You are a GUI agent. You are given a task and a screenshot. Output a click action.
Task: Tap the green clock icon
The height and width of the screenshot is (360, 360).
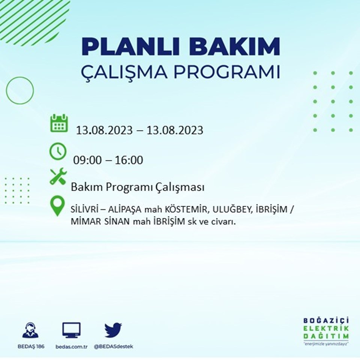(x=58, y=151)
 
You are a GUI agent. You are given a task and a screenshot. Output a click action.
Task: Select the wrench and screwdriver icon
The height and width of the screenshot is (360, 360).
(x=58, y=177)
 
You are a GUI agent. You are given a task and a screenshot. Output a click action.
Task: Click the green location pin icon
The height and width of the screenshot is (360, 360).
(x=57, y=206)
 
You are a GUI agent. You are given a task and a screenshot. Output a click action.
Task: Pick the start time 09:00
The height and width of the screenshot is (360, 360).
(x=87, y=160)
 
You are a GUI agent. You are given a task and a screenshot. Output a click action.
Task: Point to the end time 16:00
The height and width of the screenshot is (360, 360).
(x=129, y=160)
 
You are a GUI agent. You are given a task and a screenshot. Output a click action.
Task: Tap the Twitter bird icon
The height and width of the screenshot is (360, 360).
(x=113, y=330)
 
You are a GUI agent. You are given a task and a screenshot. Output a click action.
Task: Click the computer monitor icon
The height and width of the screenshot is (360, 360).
(x=71, y=330)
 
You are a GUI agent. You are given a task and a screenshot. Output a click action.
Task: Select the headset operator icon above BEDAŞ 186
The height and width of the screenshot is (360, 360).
(x=30, y=330)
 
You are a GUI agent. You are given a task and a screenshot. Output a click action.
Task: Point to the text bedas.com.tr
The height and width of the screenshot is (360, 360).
(x=71, y=346)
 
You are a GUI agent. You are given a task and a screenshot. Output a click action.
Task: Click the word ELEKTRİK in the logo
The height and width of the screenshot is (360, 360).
(x=326, y=328)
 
